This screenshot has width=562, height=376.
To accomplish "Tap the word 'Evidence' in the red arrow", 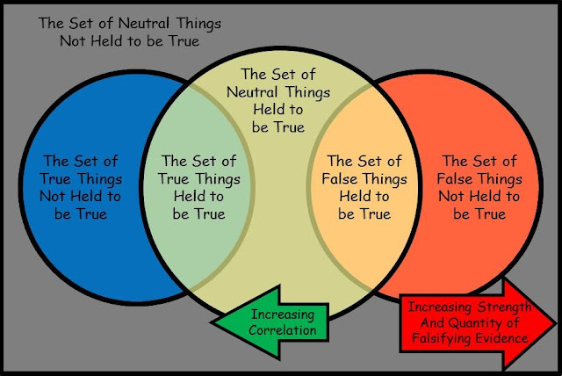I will coord(504,337).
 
